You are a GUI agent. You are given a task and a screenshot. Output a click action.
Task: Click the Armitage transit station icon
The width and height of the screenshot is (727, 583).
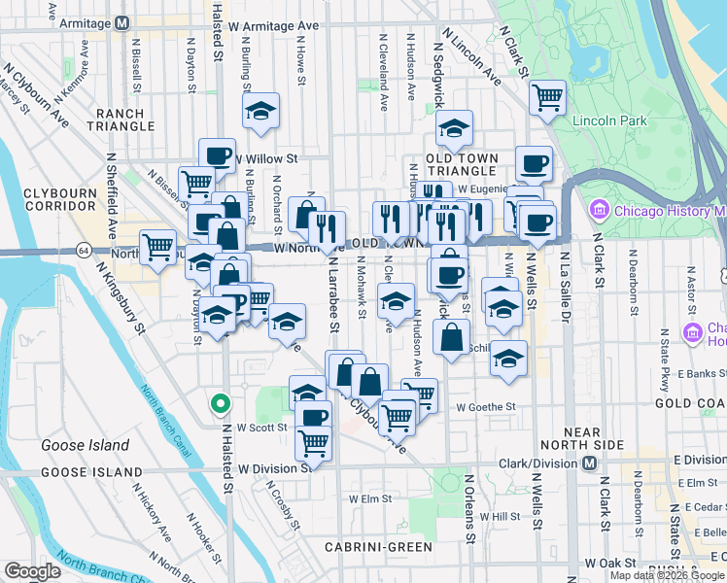tap(121, 22)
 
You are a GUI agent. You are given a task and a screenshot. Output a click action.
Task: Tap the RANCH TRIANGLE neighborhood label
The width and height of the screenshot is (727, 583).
tap(121, 120)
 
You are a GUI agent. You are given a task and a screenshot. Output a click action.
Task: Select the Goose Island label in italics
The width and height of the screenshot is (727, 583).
tap(85, 445)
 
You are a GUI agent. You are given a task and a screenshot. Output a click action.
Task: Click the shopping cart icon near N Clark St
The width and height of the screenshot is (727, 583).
tap(547, 98)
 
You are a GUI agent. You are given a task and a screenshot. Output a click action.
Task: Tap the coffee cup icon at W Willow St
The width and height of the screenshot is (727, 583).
tap(218, 155)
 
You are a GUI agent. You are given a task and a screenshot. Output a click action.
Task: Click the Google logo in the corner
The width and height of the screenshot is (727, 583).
tap(32, 571)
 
